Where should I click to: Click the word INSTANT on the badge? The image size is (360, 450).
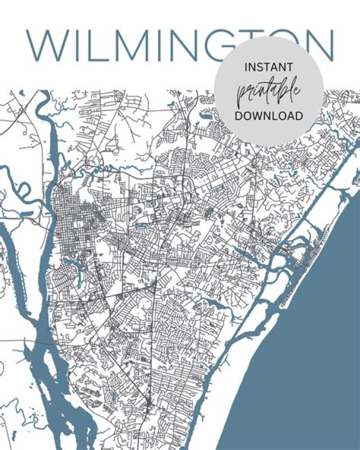[269, 67]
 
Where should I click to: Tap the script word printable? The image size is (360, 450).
[269, 92]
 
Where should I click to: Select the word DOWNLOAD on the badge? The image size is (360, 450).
[269, 116]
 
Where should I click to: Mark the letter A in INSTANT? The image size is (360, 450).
[276, 67]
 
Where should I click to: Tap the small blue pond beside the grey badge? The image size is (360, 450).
[205, 115]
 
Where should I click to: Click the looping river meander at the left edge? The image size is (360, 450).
[15, 185]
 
